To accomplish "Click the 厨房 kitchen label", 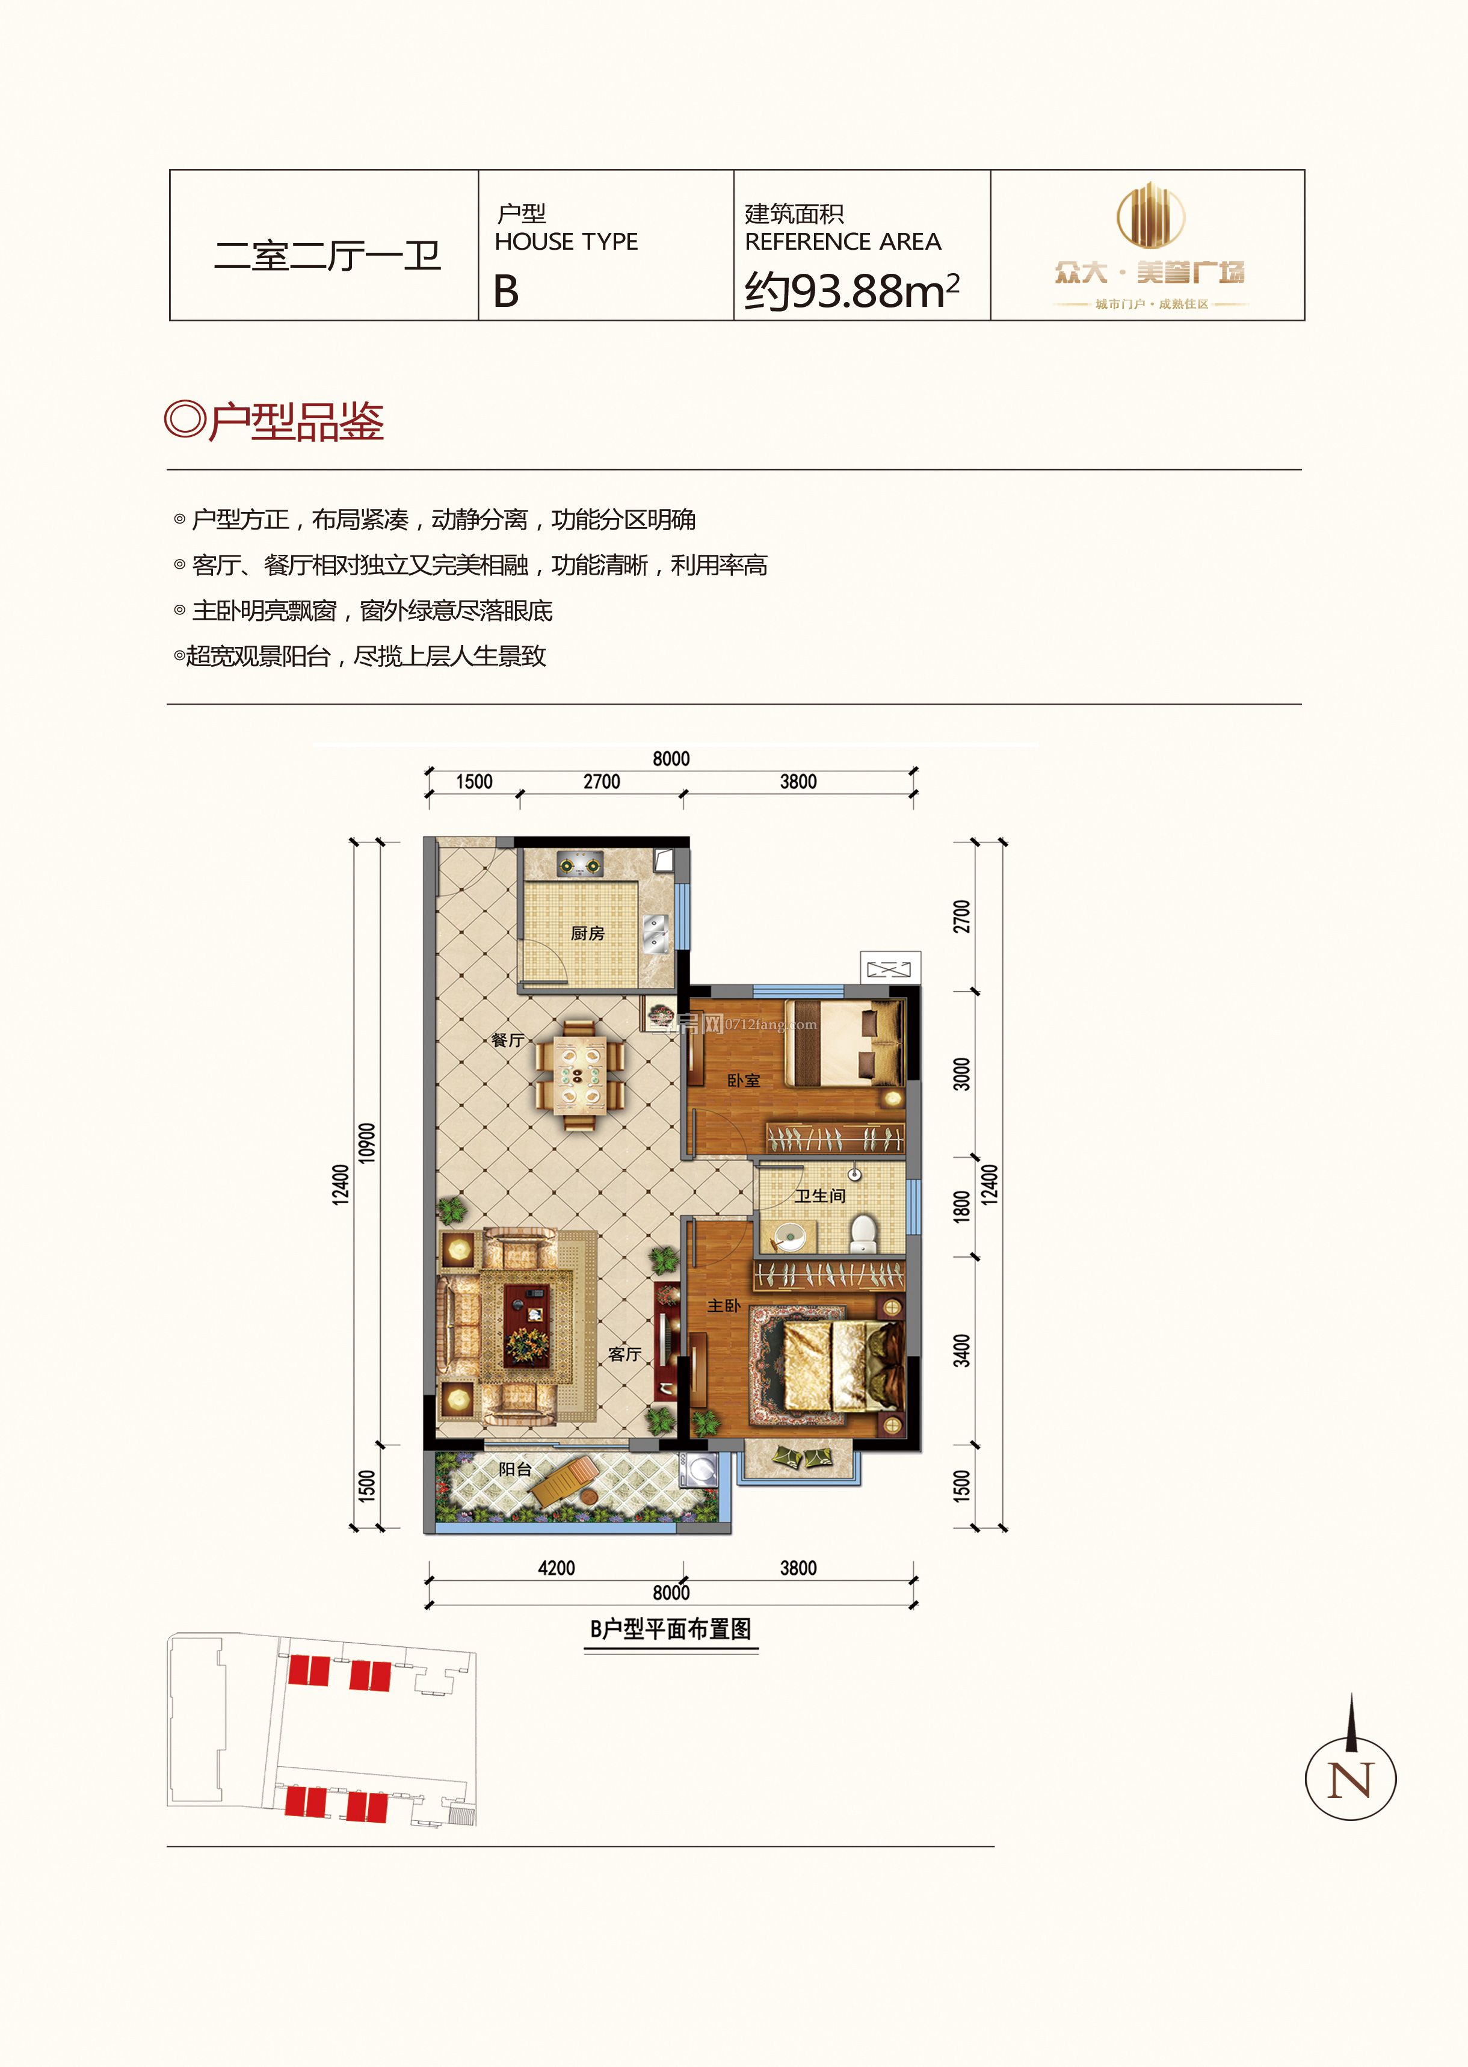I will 588,933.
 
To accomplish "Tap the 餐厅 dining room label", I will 507,1040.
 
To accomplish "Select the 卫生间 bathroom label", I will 820,1195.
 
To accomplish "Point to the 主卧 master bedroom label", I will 723,1306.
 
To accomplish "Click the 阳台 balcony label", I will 515,1469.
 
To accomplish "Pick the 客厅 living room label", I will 625,1353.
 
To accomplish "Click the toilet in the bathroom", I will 863,1232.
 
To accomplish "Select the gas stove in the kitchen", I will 579,865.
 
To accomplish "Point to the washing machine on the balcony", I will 699,1470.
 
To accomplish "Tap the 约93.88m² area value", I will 851,291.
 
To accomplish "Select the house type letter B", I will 506,291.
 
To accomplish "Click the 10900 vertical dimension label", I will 366,1142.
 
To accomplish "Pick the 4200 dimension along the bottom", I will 556,1568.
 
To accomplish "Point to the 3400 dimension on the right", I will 962,1350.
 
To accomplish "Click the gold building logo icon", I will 1150,215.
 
